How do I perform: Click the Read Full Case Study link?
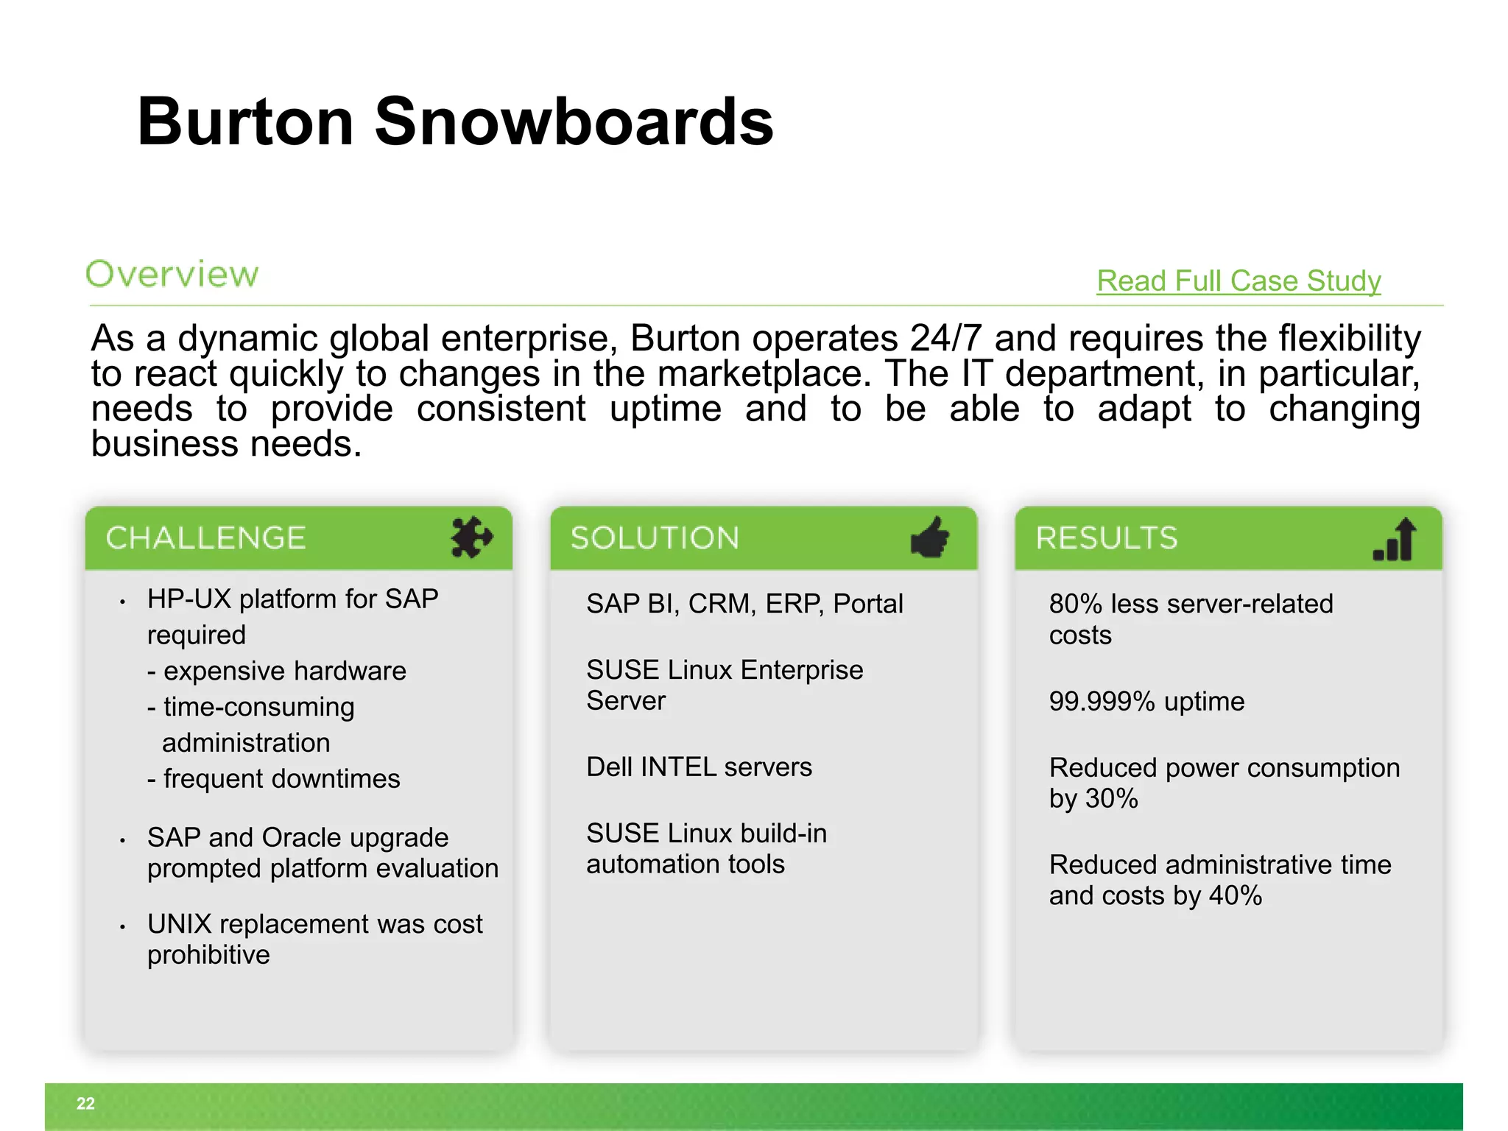[x=1239, y=281]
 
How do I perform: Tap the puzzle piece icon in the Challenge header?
[x=471, y=538]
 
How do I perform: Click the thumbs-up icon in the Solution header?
[x=930, y=538]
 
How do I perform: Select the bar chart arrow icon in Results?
[x=1395, y=539]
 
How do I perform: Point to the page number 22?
[x=85, y=1103]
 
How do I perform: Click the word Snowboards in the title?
[x=574, y=121]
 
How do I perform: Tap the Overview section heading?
[x=172, y=274]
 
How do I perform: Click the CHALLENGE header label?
[x=205, y=538]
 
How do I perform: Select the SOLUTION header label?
[x=655, y=538]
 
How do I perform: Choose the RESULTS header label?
[x=1107, y=538]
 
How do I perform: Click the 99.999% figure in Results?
[x=1102, y=702]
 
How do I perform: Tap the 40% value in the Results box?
[x=1236, y=896]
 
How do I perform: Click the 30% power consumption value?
[x=1112, y=799]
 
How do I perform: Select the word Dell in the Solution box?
[x=608, y=767]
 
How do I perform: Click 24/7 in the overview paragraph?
[x=946, y=339]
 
